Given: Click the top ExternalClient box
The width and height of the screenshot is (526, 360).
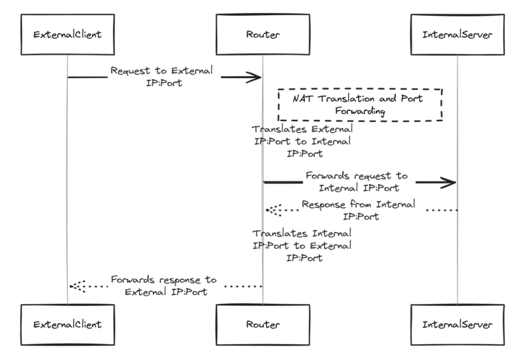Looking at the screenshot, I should pos(67,33).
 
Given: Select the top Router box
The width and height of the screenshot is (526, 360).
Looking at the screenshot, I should pos(262,33).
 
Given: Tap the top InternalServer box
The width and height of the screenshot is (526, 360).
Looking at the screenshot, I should pos(458,33).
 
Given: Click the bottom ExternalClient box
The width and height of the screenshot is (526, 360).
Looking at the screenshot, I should pos(67,323).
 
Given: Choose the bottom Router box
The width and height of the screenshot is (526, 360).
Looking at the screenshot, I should pos(262,323).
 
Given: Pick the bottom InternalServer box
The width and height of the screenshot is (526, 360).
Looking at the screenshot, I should pos(458,323).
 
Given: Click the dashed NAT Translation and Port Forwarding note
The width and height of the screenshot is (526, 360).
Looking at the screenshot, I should pos(360,105).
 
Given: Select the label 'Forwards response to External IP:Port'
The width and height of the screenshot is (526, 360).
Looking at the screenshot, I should pos(164,286).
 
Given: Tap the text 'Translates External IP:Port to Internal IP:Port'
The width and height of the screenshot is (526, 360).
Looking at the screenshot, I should pos(302,141).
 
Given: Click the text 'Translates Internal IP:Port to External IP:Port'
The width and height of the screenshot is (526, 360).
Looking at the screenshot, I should pos(302,246).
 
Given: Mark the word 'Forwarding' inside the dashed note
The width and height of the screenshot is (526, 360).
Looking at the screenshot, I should pos(360,111).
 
